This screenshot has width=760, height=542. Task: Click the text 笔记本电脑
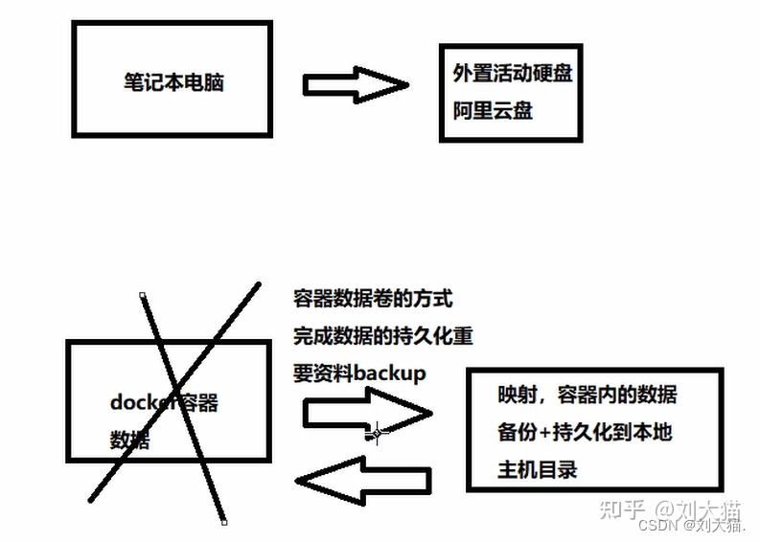[173, 81]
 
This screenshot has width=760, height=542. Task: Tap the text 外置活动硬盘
[514, 73]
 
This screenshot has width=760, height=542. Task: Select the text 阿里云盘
[493, 110]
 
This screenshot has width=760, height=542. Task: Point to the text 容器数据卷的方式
[372, 299]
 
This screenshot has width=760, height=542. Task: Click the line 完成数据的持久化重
[383, 336]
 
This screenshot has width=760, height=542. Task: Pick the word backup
[389, 373]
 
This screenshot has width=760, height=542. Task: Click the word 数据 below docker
[129, 440]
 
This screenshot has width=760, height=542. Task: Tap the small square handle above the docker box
[143, 295]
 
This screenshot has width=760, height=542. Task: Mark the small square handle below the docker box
[224, 522]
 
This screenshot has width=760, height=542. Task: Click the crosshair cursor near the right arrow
[376, 433]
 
